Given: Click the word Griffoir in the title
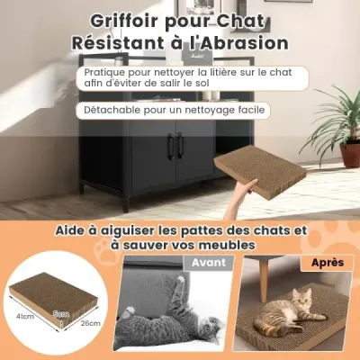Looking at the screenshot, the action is (124, 22).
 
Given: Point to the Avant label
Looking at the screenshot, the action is (209, 263).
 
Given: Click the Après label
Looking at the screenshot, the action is (328, 263).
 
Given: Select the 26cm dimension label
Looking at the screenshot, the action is (90, 323).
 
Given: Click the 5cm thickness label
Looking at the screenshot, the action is (61, 314).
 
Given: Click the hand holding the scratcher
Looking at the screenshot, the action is (241, 195).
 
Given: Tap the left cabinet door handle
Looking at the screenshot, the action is (170, 146).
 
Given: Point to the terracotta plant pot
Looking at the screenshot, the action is (350, 155).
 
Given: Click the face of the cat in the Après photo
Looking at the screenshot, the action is (303, 297).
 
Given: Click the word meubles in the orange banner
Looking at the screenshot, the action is (227, 245).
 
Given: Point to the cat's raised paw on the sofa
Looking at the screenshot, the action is (180, 281).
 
